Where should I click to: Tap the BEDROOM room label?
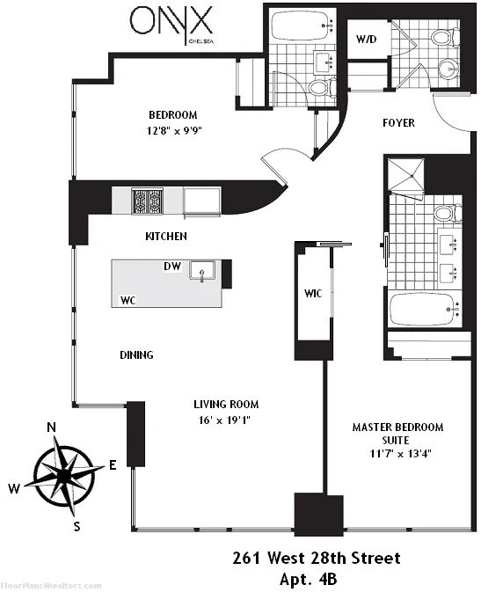(172, 115)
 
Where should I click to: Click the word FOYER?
(398, 122)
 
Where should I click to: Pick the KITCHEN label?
(166, 237)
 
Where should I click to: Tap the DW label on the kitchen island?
(172, 266)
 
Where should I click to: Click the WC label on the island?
(128, 300)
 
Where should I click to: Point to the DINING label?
(136, 355)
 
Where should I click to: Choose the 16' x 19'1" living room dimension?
(226, 420)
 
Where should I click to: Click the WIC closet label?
(313, 293)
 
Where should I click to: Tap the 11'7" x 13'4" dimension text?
(397, 455)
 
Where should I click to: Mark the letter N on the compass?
(52, 428)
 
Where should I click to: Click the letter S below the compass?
(77, 527)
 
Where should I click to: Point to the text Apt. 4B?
(316, 578)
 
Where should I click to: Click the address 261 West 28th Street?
(316, 558)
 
